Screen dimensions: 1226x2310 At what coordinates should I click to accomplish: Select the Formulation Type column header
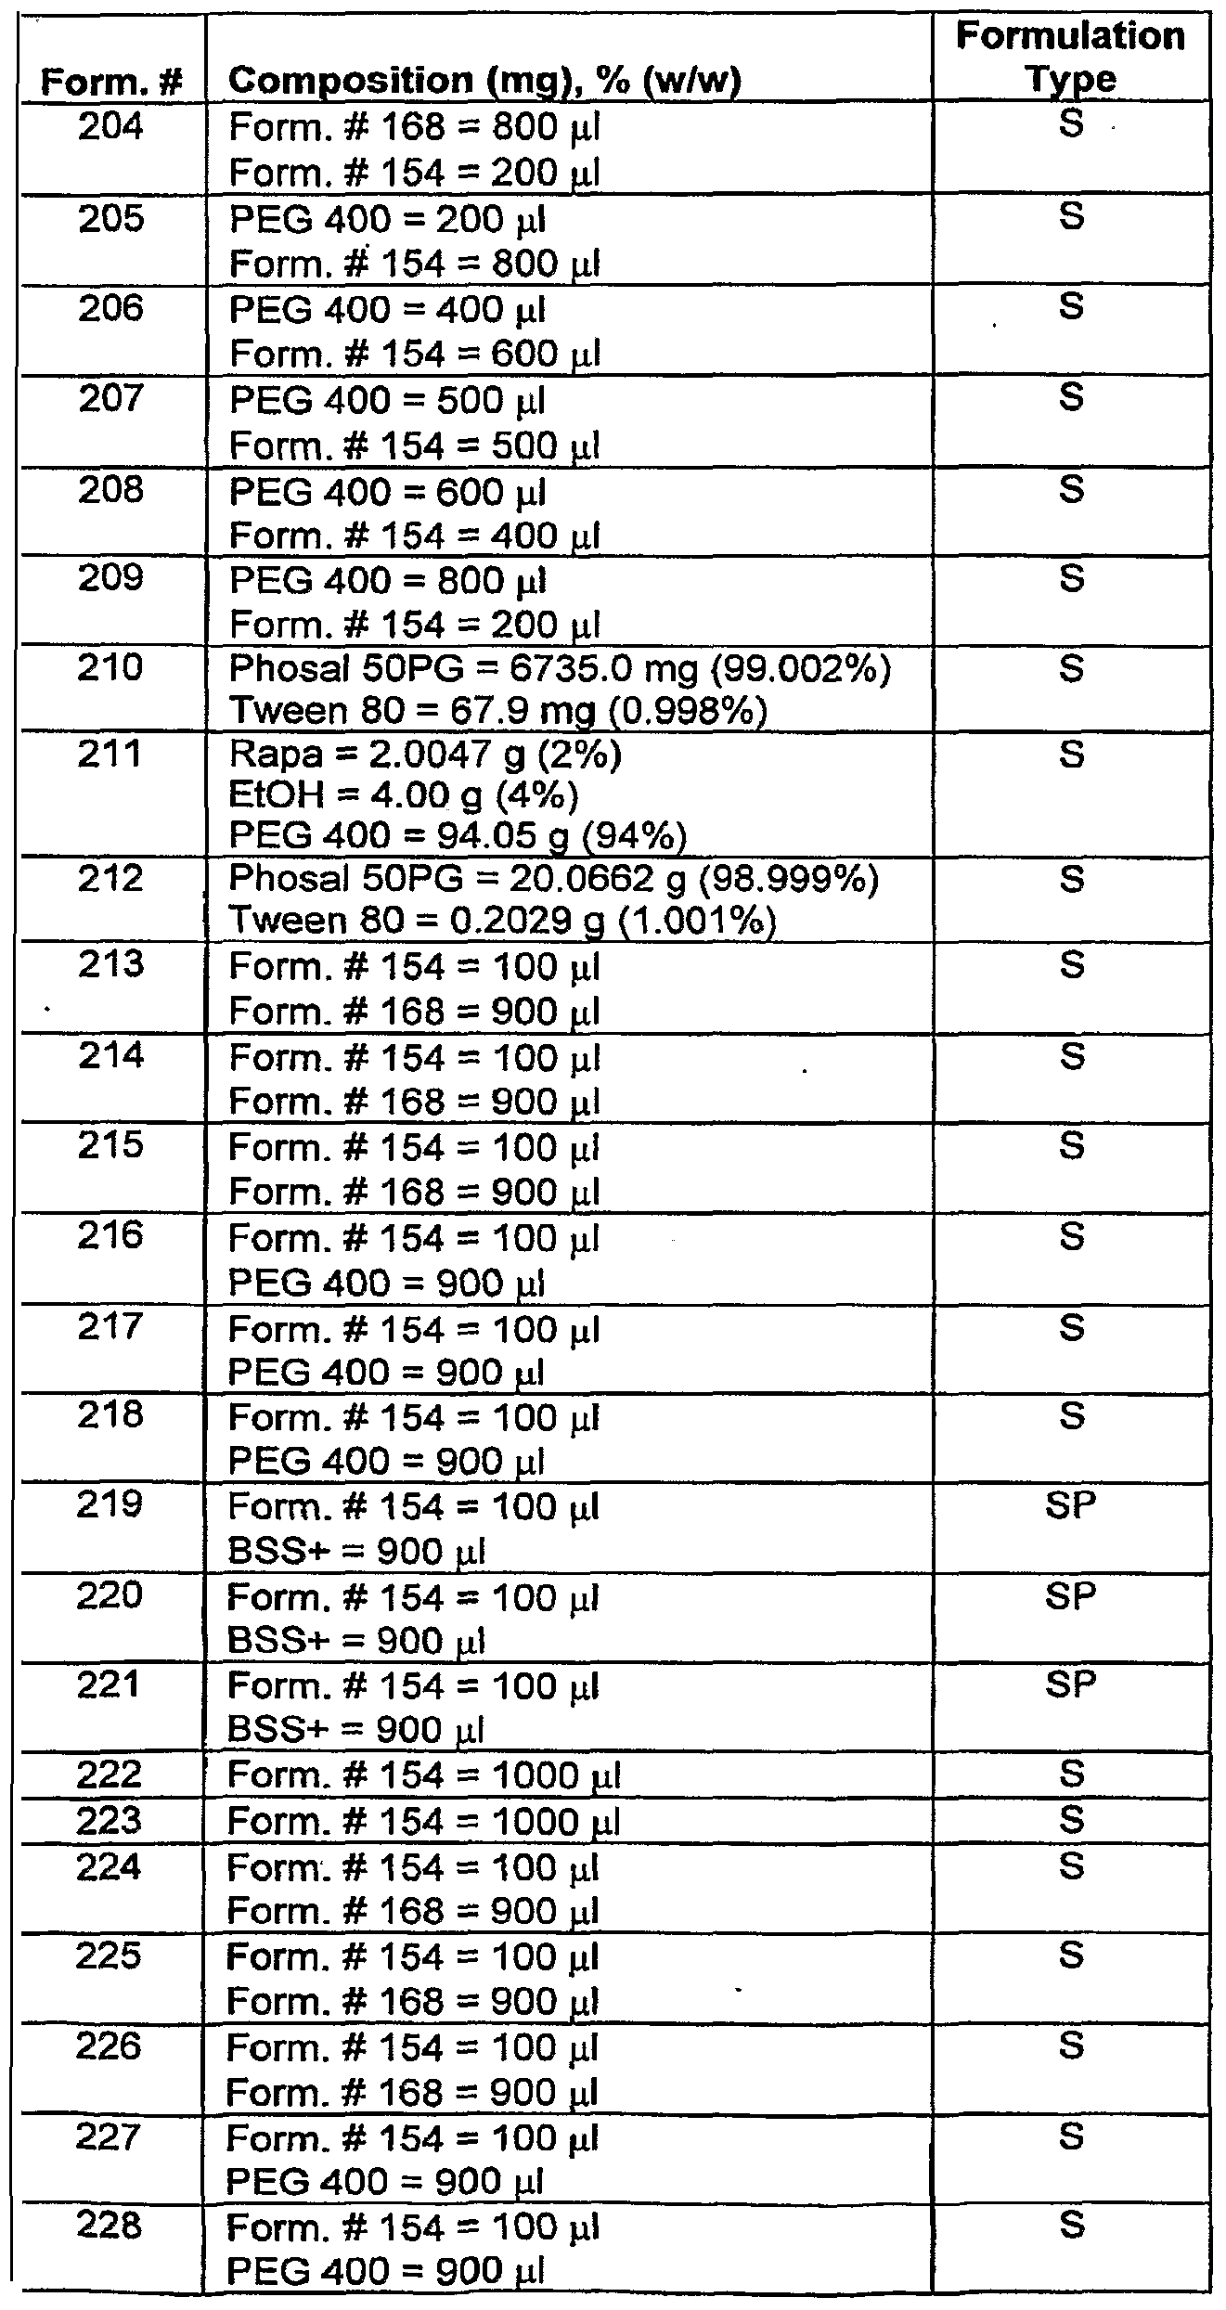pyautogui.click(x=1070, y=58)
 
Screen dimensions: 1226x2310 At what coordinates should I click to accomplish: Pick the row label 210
pyautogui.click(x=111, y=667)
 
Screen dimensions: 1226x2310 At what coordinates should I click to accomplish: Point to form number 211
pyautogui.click(x=111, y=754)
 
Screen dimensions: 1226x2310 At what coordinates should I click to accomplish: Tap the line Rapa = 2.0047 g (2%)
pyautogui.click(x=425, y=756)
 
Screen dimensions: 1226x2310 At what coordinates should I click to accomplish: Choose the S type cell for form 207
pyautogui.click(x=1070, y=399)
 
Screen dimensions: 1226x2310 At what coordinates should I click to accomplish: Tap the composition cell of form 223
pyautogui.click(x=423, y=1823)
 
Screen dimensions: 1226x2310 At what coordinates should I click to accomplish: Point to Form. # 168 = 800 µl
pyautogui.click(x=414, y=128)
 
